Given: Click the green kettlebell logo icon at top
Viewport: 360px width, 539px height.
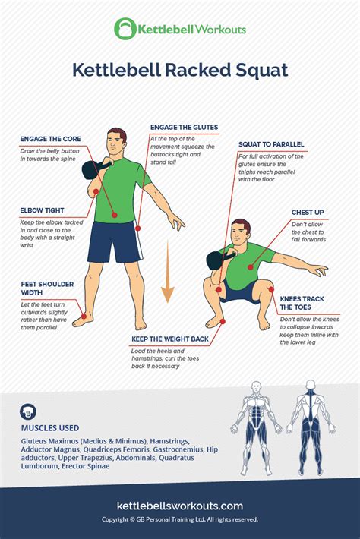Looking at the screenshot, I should [x=124, y=29].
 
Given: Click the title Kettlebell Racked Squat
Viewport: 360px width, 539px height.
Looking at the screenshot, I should [x=179, y=70].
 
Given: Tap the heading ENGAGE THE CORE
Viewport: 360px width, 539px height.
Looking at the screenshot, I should [x=51, y=140].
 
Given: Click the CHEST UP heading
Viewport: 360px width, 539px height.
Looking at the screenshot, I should [x=308, y=213].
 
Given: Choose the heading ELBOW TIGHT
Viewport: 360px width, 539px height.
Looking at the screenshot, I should [x=42, y=210].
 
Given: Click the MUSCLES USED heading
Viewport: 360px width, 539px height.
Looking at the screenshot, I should [x=49, y=427].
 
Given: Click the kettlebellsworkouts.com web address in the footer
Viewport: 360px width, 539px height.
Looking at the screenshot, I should [x=179, y=506].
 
